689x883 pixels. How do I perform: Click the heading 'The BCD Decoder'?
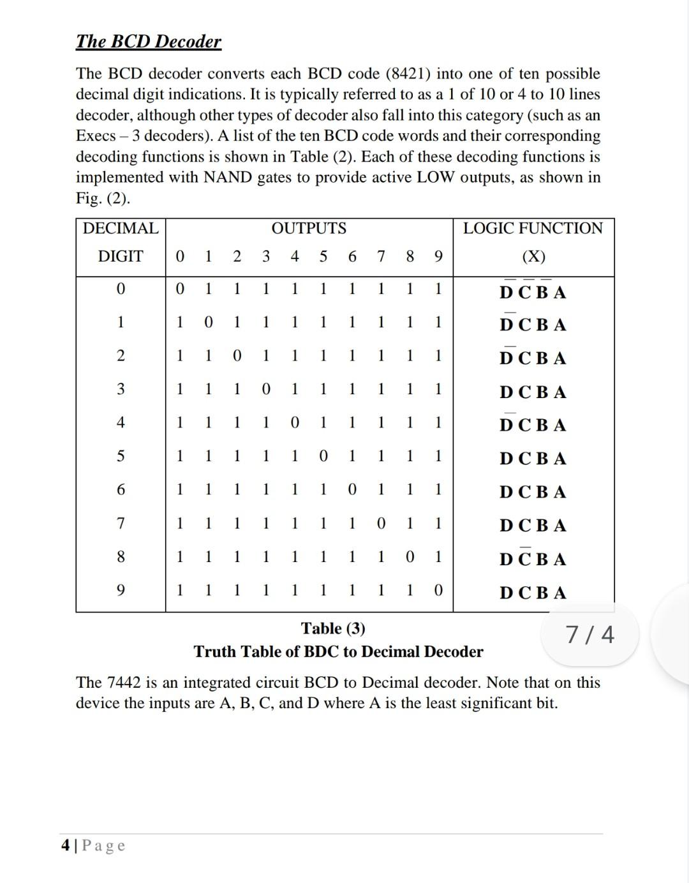tap(148, 41)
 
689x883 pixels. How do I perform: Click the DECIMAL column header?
tap(121, 228)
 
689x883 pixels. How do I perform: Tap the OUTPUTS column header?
tap(309, 228)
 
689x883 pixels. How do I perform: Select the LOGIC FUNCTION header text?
tap(533, 228)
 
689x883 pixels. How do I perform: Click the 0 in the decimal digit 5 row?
tap(323, 456)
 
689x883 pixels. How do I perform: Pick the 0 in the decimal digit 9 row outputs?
tap(438, 590)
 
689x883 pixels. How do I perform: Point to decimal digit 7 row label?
tap(121, 523)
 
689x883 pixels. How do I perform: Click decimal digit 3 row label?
tap(121, 389)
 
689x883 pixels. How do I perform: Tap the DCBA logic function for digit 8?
tap(533, 559)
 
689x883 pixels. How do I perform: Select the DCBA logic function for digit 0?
tap(533, 292)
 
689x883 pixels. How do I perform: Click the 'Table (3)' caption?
tap(333, 628)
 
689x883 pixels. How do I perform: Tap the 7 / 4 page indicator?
tap(590, 635)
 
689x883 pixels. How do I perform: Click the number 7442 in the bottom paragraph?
tap(124, 683)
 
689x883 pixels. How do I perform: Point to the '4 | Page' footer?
tap(93, 846)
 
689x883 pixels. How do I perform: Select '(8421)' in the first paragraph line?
tap(408, 74)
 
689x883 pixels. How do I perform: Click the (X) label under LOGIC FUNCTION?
tap(533, 256)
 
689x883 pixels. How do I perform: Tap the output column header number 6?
tap(352, 256)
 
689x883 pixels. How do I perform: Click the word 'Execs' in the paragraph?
tap(96, 136)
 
